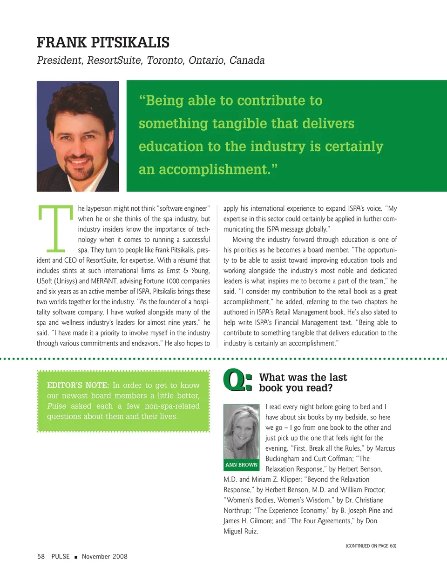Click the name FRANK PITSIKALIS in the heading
[103, 43]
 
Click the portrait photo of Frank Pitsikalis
[78, 136]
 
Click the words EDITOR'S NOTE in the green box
[78, 385]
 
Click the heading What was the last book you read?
[303, 382]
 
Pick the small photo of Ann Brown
[241, 432]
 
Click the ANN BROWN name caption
[241, 465]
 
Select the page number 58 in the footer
[41, 556]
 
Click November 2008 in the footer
[104, 556]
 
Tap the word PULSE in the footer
[61, 556]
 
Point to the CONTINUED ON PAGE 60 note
[371, 546]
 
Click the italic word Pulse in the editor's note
[56, 406]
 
